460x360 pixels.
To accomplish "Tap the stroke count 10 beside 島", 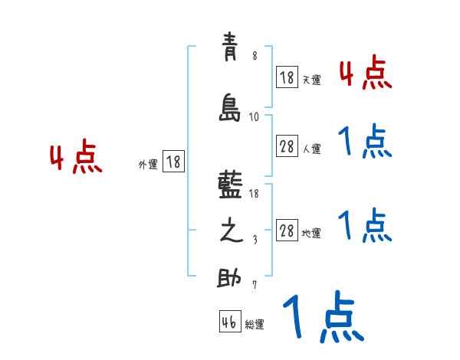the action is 255,117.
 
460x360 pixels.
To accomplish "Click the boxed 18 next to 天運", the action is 287,77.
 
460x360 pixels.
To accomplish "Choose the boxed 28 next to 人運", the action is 287,147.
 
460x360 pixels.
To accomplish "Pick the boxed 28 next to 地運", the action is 287,231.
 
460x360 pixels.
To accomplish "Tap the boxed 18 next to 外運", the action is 173,162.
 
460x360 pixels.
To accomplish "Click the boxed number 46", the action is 229,322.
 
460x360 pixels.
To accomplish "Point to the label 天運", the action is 311,79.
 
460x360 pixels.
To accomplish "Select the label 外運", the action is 148,164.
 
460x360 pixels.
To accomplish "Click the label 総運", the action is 255,325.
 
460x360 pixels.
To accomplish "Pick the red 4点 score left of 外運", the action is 76,158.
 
